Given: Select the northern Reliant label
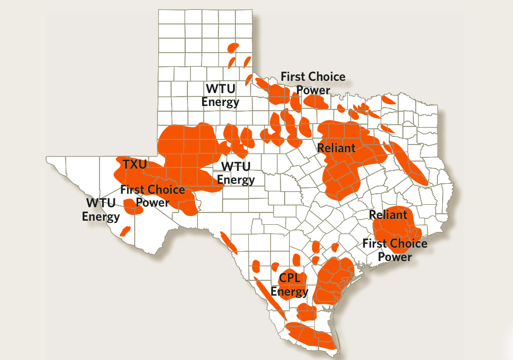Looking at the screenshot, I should pos(336,148).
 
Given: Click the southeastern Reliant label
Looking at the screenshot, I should pos(388,215).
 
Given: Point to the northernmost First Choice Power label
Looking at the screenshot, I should pos(313,83).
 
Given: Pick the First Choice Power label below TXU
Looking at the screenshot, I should pos(152,196).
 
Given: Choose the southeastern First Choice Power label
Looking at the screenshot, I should pos(395,250).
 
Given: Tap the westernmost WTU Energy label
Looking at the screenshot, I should pos(101,210).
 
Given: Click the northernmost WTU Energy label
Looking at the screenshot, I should pos(221,95).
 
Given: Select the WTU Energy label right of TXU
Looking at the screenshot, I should pos(236,173).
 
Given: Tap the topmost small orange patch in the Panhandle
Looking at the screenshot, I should pos(234,47).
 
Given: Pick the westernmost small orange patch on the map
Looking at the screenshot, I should pos(125,231).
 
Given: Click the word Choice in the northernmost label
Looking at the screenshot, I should pos(325,77).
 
